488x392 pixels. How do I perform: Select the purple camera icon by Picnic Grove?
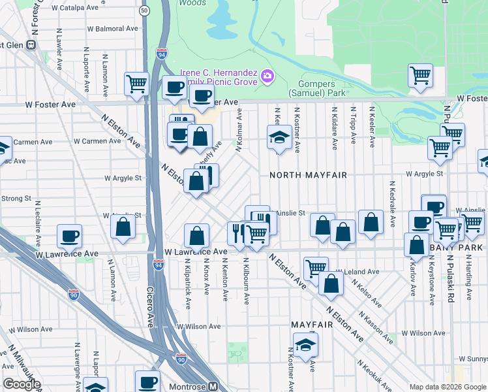pyautogui.click(x=267, y=77)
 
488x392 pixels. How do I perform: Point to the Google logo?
pyautogui.click(x=22, y=384)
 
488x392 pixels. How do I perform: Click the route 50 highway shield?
pyautogui.click(x=144, y=11)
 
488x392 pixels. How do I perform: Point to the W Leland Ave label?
pyautogui.click(x=358, y=272)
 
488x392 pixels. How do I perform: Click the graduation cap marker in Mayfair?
pyautogui.click(x=305, y=345)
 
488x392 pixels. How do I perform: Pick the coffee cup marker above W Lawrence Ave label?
pyautogui.click(x=69, y=236)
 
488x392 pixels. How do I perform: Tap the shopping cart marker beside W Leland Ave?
pyautogui.click(x=316, y=267)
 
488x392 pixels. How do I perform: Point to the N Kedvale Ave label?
pyautogui.click(x=393, y=204)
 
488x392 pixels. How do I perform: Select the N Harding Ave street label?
pyautogui.click(x=469, y=278)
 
